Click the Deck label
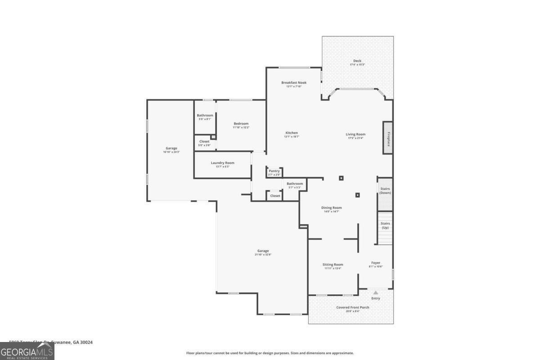coord(357,61)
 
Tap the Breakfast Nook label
coord(294,82)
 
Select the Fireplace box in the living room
coord(387,138)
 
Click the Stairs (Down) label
coord(385,191)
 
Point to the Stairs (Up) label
coord(385,225)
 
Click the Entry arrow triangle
coord(376,292)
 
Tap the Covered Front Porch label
coord(352,307)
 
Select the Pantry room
coord(274,172)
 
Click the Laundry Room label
coord(222,163)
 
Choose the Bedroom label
coord(241,124)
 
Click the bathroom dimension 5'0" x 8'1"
coord(205,119)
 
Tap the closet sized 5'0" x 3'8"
coord(204,143)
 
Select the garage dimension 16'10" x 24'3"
coord(171,152)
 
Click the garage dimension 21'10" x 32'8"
coord(263,255)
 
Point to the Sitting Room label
coord(333,265)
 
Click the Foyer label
coord(376,263)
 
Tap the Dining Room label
coord(331,207)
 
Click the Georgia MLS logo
coord(27,351)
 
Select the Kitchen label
coord(292,133)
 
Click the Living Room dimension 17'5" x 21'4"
coord(355,138)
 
